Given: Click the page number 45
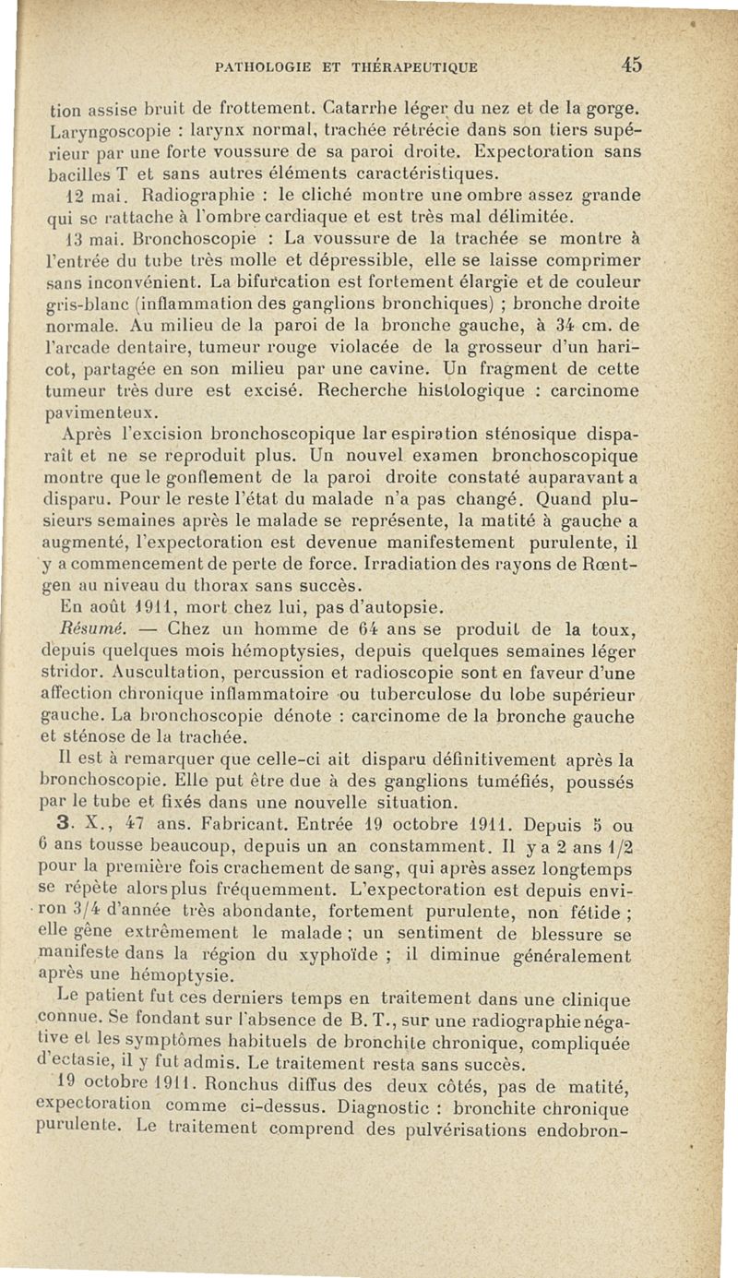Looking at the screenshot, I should point(631,65).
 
